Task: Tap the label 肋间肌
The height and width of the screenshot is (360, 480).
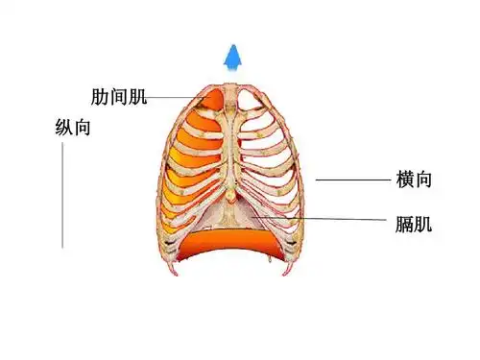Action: coord(118,97)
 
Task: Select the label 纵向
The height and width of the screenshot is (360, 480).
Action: coord(73,127)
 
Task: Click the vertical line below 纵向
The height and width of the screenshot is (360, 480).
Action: coord(63,197)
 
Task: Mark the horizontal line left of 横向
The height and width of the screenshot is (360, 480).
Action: coord(351,180)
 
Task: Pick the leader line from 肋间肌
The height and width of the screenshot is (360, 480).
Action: coord(178,97)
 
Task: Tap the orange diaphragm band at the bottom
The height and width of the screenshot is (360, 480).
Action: coord(230,241)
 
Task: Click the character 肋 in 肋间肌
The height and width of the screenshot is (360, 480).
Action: coord(100,97)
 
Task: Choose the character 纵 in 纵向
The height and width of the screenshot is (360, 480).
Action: coord(64,127)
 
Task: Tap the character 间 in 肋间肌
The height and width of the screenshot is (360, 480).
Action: coord(118,97)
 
